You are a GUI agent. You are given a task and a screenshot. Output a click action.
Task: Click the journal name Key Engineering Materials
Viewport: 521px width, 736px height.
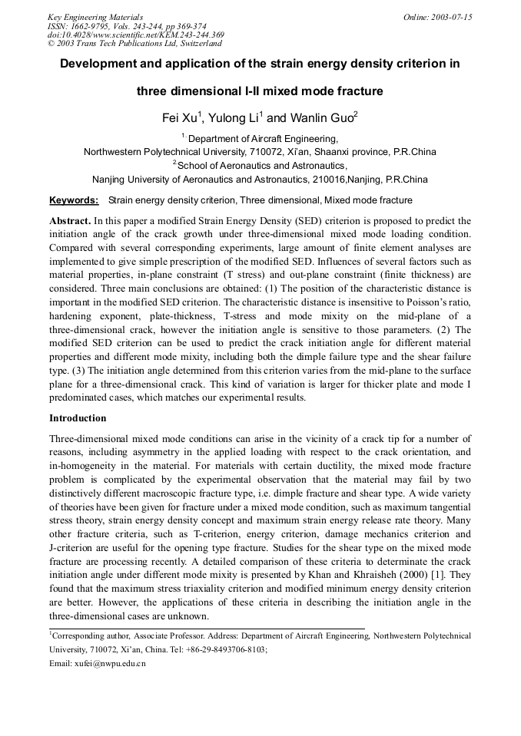tap(95, 17)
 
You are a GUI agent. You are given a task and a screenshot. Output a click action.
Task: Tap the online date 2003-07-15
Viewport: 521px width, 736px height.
tap(452, 17)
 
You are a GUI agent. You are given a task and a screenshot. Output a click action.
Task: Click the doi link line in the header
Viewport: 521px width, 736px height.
tap(135, 35)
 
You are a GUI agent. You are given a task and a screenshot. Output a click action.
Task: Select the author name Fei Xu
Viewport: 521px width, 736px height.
tap(176, 118)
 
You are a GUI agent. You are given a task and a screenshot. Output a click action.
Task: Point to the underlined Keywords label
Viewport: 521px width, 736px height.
tap(74, 200)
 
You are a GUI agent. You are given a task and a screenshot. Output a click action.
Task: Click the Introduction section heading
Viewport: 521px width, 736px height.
tap(78, 418)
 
